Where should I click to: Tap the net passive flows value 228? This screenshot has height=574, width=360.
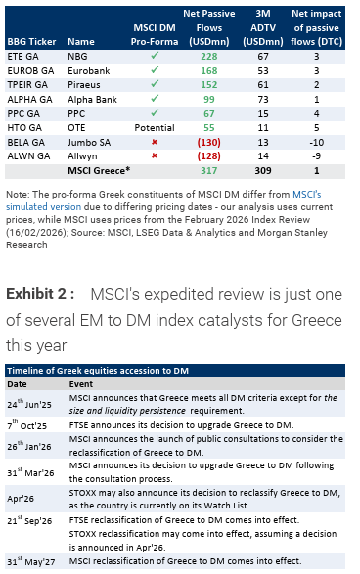[207, 57]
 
